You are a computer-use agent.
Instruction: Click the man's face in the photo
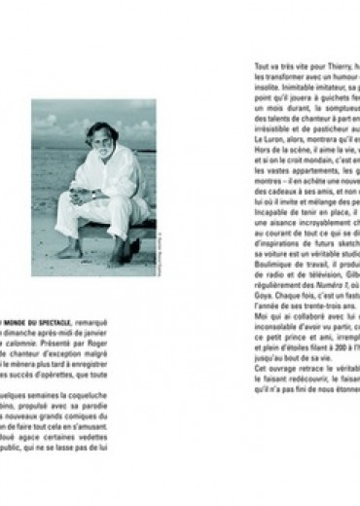(101, 139)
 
